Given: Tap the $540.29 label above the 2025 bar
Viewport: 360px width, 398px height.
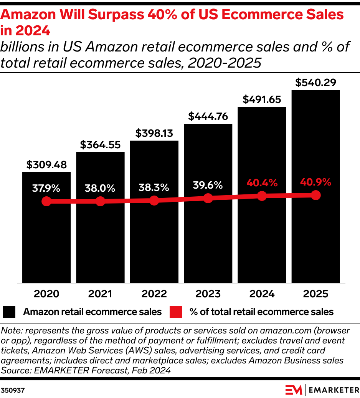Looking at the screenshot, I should (315, 82).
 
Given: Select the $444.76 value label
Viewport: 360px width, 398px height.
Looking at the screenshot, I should (208, 116).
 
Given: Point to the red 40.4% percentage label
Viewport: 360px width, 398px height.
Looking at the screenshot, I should (262, 183).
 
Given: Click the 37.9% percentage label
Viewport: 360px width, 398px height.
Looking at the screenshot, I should (46, 188).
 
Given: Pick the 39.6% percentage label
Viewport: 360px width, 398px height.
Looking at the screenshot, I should (208, 185).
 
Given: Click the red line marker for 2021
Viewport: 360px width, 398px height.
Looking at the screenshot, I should (100, 201).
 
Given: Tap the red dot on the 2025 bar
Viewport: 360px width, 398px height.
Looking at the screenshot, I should (315, 195).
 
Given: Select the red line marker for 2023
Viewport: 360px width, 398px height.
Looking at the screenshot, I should (208, 198).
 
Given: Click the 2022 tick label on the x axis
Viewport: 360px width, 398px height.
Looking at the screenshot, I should (154, 294).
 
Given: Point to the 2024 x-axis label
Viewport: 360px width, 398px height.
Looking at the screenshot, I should (262, 294).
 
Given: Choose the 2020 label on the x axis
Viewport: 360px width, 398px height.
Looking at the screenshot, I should (46, 294).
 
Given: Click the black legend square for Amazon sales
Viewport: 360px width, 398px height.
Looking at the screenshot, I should (9, 312).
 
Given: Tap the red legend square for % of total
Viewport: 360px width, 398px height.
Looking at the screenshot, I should (175, 312).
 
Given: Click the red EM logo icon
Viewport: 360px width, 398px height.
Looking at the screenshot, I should (294, 390).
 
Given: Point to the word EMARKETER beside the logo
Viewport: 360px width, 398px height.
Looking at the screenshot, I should (333, 390).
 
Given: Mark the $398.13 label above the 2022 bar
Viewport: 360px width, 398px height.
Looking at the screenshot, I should (154, 133).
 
